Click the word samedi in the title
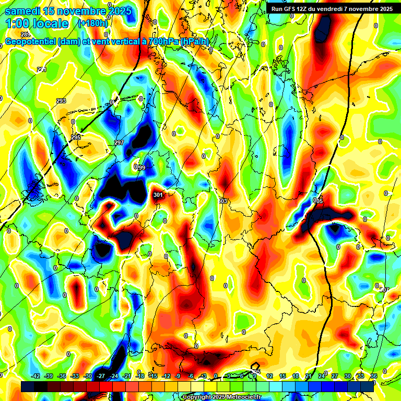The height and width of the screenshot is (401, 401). pos(23,11)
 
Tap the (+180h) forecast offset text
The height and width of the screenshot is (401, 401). pos(92,23)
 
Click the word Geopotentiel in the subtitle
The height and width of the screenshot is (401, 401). pos(30,42)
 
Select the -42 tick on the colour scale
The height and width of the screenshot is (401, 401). pos(36,376)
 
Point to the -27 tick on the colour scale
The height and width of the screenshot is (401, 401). pos(101,376)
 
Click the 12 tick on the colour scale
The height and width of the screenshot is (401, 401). pos(269,376)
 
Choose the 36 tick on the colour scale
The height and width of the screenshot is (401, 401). pos(374,376)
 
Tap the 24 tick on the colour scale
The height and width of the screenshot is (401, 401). pos(322,376)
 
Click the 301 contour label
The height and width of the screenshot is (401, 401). pos(158,195)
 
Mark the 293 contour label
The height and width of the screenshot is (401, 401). pos(61,101)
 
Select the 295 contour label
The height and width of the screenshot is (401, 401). pos(76,137)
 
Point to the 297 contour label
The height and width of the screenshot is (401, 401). pos(119,143)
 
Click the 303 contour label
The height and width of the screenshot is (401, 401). pos(223,200)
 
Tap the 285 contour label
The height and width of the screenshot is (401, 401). pos(26,34)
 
